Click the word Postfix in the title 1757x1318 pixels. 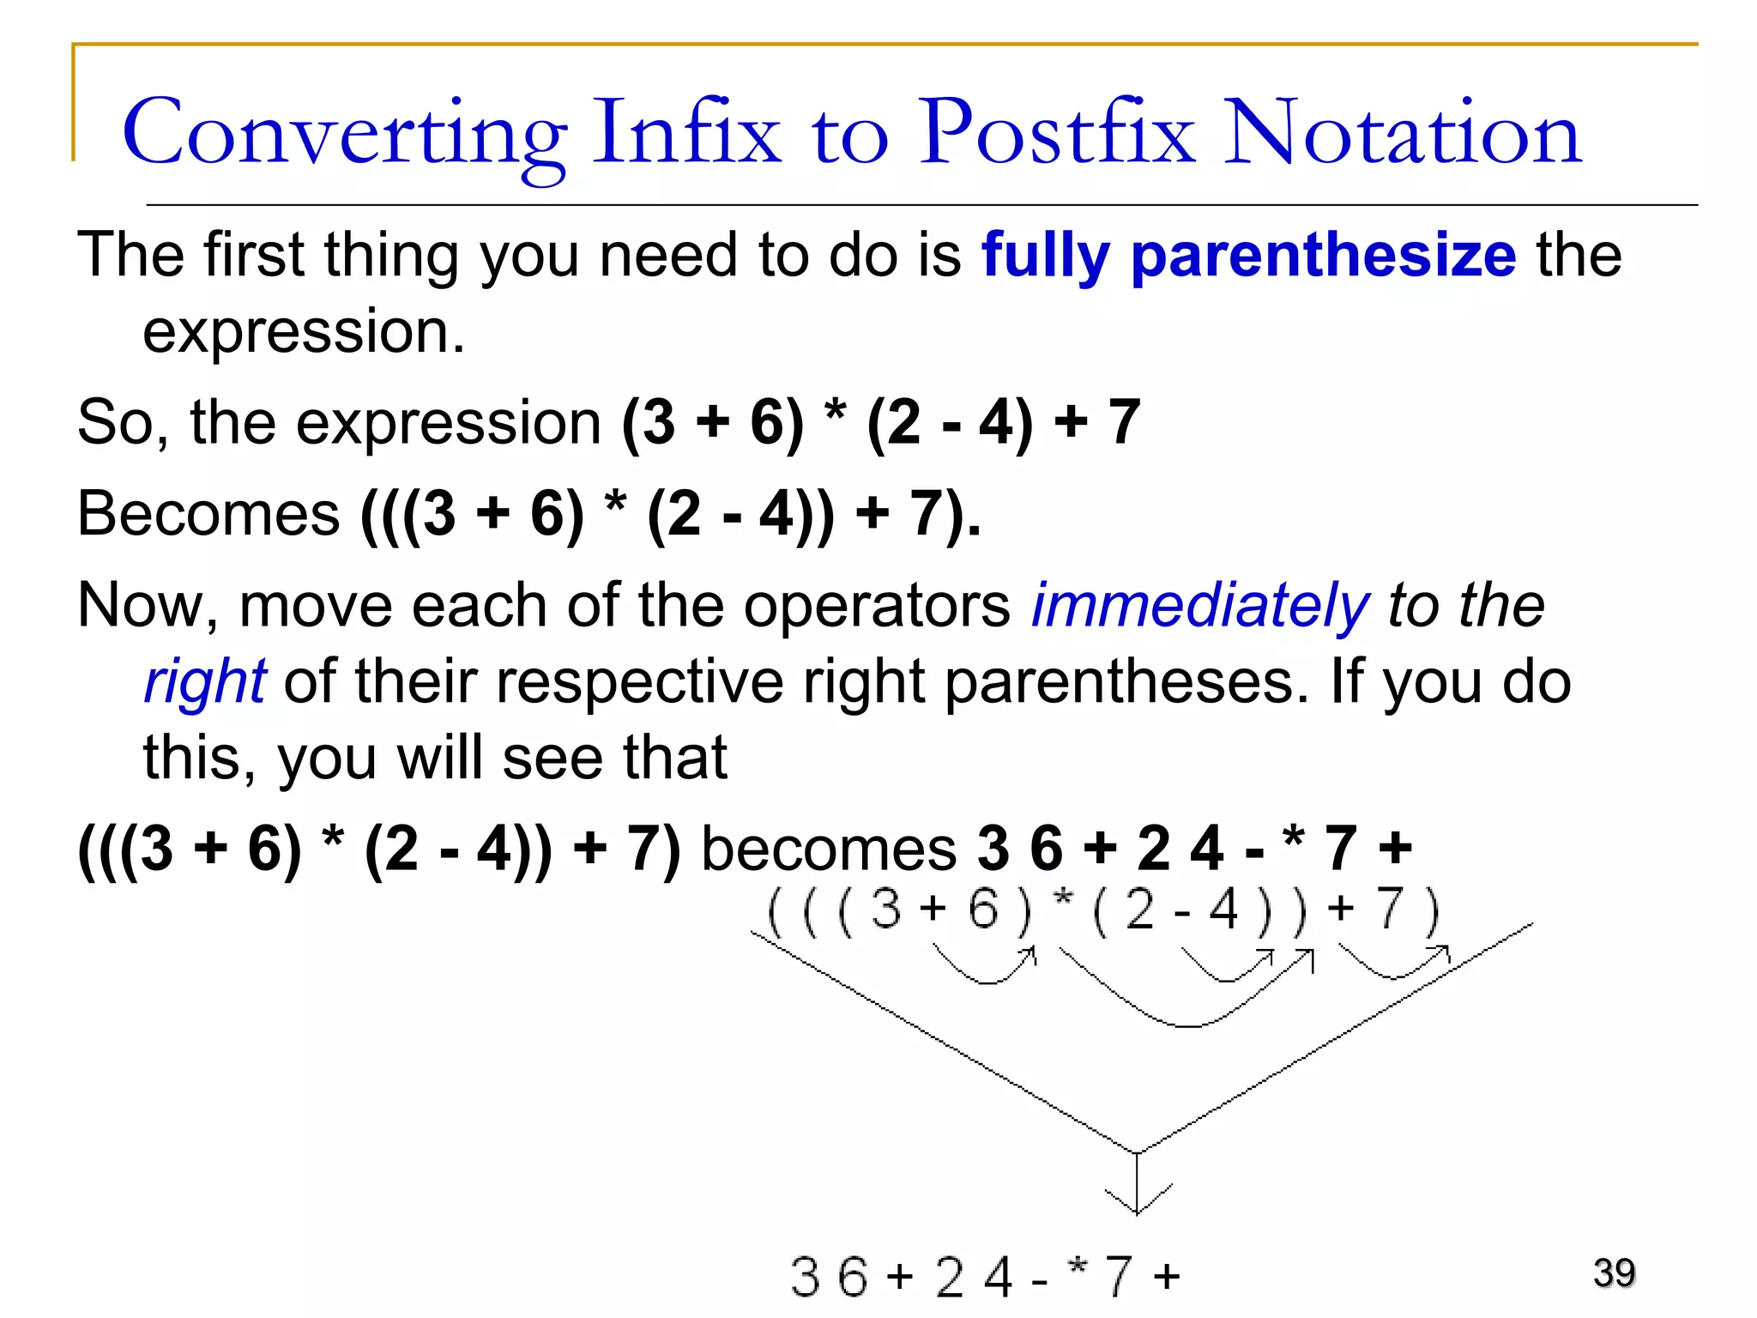[x=1057, y=133]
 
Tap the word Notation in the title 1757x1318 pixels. [x=1402, y=133]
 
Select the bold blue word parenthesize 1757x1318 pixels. [x=1324, y=257]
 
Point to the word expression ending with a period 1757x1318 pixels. [x=303, y=332]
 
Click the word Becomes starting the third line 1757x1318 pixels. [x=208, y=514]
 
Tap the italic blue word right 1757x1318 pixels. [x=205, y=682]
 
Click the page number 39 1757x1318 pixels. [x=1614, y=1273]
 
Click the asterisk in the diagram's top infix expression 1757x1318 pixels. [x=1063, y=900]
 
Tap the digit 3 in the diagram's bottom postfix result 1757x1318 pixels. [x=805, y=1277]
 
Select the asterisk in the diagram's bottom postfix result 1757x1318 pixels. [x=1078, y=1267]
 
